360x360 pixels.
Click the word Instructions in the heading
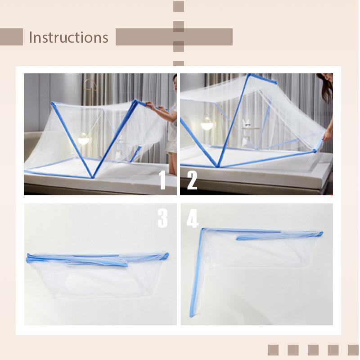point(68,37)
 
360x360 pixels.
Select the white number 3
point(162,218)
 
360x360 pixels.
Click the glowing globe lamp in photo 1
point(84,139)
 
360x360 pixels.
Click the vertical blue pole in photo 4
point(196,274)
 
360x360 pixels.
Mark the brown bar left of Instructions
point(11,37)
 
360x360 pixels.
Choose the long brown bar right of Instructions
point(174,37)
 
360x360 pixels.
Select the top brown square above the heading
point(179,6)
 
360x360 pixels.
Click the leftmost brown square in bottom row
point(274,350)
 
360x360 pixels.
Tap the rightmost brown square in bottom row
point(353,350)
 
